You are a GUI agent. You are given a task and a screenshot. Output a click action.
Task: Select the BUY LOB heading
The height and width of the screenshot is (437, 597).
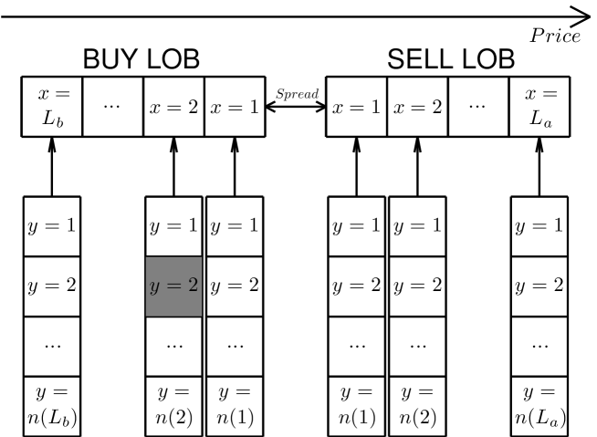(141, 60)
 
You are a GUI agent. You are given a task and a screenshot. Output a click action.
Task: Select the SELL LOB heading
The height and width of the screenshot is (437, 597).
(450, 60)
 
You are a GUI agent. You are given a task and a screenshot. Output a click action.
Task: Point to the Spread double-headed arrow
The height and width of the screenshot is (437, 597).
(296, 107)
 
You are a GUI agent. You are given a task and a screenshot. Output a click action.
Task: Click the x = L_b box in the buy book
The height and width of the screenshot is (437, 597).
(51, 108)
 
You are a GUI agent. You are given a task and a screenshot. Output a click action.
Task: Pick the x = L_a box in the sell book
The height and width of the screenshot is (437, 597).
(539, 108)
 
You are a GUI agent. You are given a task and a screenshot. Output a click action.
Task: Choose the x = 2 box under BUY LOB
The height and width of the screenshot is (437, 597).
(173, 108)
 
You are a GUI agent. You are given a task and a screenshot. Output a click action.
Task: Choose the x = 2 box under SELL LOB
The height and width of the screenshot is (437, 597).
(418, 108)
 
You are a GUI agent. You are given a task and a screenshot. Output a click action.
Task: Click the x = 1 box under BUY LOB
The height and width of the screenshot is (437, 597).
(235, 108)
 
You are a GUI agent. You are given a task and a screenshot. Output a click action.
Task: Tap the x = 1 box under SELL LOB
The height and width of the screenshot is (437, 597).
(357, 108)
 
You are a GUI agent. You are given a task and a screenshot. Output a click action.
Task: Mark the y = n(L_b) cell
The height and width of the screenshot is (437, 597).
(51, 404)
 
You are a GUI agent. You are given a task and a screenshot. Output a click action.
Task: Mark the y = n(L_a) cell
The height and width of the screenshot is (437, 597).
(539, 404)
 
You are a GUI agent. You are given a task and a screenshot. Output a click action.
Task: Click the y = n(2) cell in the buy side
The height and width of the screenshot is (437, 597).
(173, 404)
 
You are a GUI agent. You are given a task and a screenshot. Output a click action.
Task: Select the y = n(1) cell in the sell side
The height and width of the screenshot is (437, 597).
(357, 404)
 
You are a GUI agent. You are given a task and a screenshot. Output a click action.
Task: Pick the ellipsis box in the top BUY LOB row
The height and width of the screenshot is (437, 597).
(112, 108)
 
